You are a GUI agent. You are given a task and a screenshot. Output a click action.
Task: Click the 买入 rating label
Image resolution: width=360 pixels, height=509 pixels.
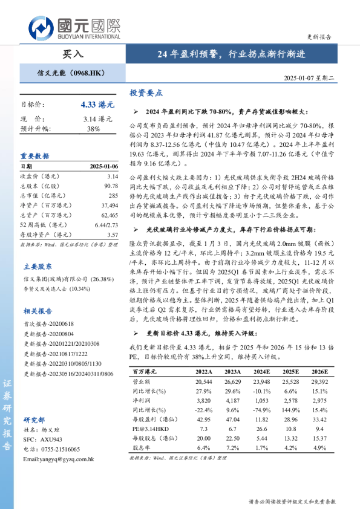[73, 54]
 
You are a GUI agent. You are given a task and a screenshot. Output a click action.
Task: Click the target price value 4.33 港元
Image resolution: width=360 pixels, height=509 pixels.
[96, 105]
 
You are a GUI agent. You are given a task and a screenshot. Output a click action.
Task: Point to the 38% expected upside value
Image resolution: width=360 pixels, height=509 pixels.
[93, 129]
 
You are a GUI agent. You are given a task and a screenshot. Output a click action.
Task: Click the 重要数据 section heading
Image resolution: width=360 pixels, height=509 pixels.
[35, 155]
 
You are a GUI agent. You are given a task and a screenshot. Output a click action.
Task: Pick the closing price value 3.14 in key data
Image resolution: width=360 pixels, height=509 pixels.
[112, 176]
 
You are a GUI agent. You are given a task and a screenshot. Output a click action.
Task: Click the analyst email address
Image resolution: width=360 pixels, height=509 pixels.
[58, 459]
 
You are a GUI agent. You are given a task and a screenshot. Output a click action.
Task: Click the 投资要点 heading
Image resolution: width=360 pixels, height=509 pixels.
[146, 93]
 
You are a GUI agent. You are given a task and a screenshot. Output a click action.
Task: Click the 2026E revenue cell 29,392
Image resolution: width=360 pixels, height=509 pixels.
[320, 382]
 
